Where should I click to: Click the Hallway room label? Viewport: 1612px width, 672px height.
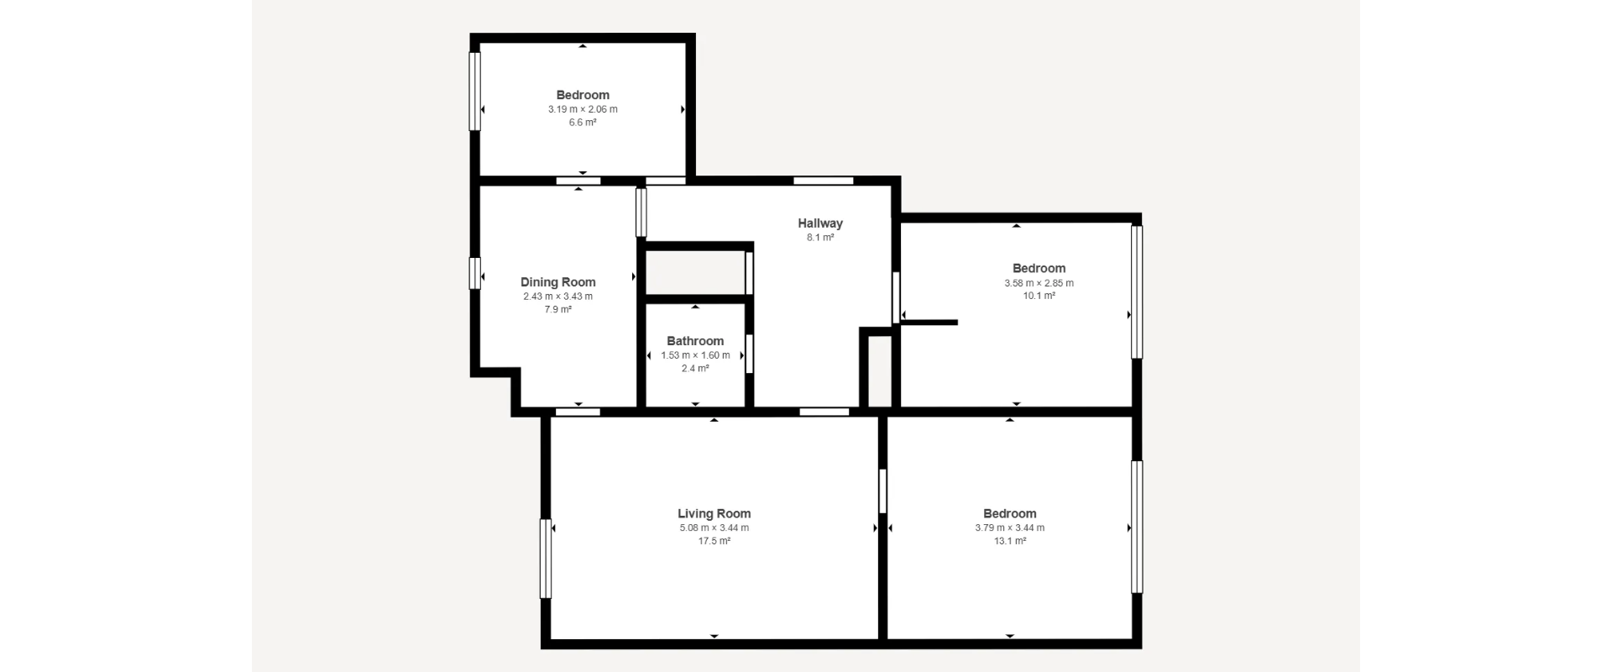(x=820, y=223)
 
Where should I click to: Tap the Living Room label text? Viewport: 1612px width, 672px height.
(x=714, y=513)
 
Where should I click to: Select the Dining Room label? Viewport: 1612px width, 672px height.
(x=558, y=282)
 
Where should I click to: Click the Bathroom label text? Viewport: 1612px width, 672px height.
(x=695, y=341)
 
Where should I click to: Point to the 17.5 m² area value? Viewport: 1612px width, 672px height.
(x=714, y=541)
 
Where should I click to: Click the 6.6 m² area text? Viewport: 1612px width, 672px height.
(x=583, y=123)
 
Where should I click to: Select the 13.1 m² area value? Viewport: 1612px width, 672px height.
(x=1010, y=541)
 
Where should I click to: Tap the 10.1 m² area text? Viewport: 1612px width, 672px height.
(x=1039, y=296)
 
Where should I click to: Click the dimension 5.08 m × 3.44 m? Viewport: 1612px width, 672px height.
(x=714, y=528)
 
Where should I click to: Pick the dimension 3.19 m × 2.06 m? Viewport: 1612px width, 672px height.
(x=583, y=109)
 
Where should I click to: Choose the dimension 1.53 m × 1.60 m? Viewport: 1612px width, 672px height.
(x=695, y=355)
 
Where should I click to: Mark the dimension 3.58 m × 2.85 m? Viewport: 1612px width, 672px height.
(x=1039, y=283)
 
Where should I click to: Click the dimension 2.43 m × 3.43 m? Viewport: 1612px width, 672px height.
(x=558, y=297)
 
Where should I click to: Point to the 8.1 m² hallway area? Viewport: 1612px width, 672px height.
(x=820, y=238)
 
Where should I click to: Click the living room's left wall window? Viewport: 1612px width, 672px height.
(x=546, y=559)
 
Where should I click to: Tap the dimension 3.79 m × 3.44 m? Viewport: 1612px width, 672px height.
(x=1010, y=528)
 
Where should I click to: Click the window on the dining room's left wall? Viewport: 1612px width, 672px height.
(x=474, y=273)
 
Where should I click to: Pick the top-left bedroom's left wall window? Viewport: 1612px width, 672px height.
(x=474, y=92)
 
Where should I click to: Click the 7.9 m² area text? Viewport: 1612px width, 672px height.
(x=558, y=310)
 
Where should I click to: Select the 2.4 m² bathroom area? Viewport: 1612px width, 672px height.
(x=695, y=369)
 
